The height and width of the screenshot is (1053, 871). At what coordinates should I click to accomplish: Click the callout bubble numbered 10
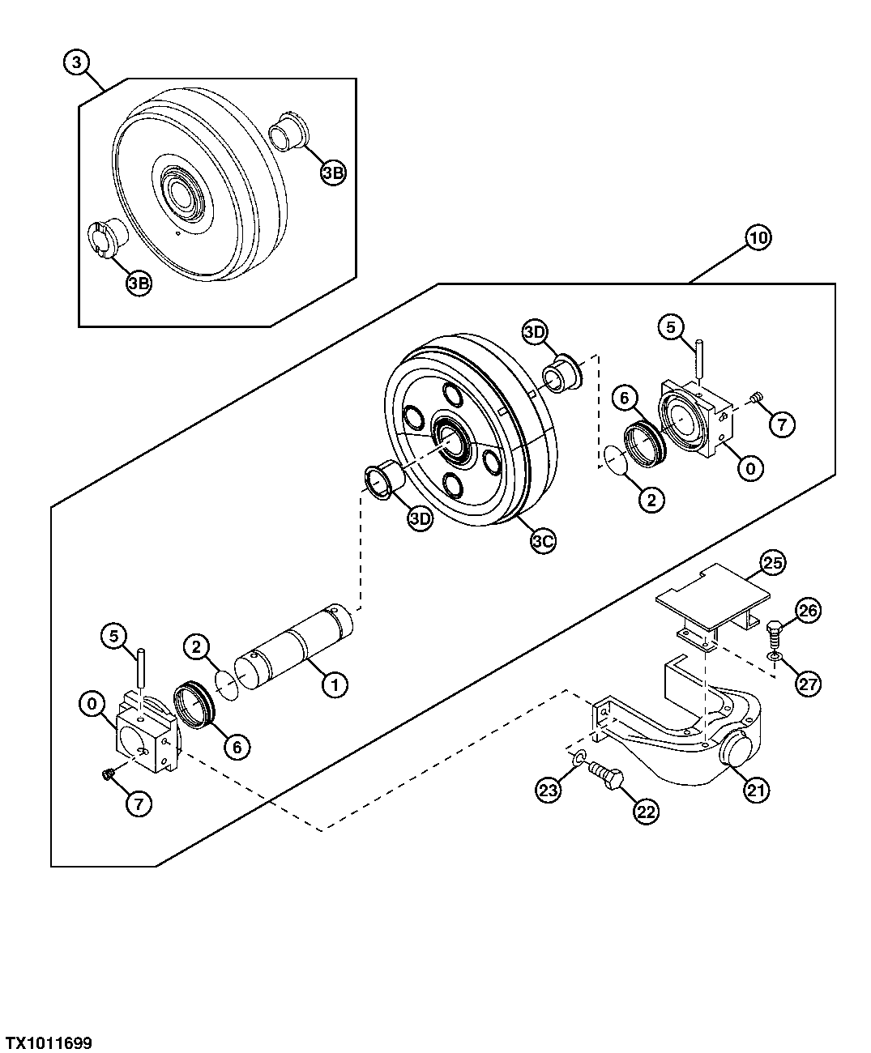[758, 238]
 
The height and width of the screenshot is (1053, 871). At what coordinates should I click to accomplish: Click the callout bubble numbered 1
[333, 684]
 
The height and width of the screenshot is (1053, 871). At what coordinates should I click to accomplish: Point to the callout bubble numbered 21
[756, 790]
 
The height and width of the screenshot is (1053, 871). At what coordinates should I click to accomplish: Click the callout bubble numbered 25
[772, 563]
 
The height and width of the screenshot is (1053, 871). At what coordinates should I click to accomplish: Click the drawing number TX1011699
[49, 1042]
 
